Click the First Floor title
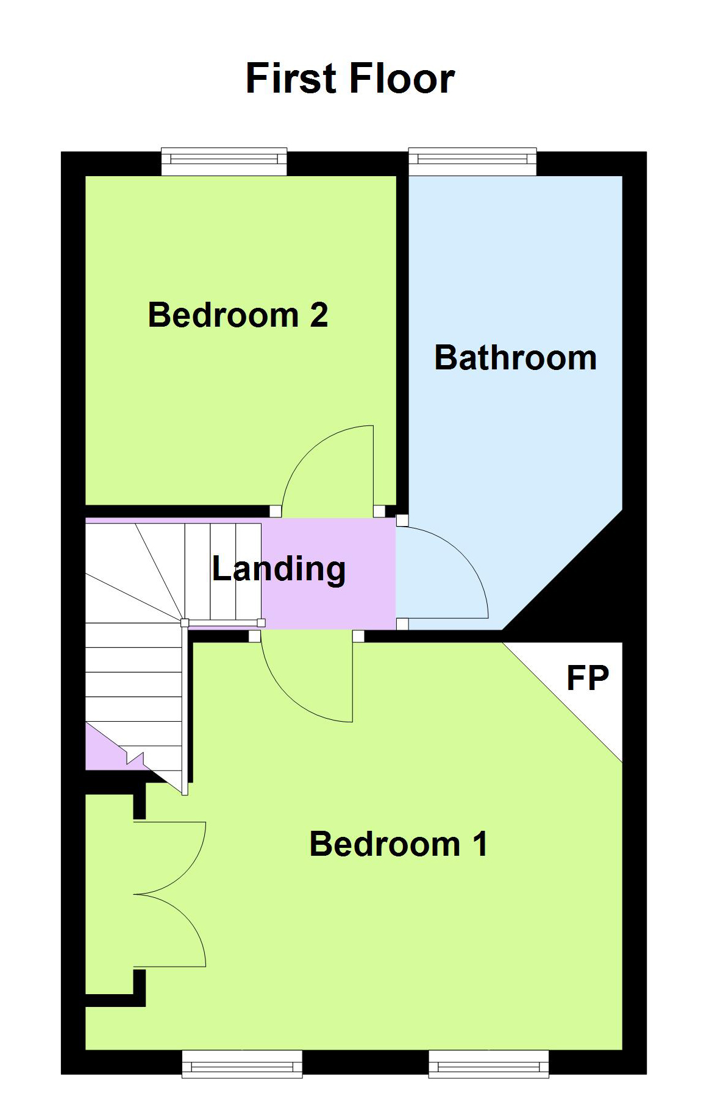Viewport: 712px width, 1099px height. pos(350,79)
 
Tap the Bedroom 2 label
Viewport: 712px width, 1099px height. pos(238,315)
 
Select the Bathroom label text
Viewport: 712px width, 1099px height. pos(515,357)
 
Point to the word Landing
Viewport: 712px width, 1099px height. pos(279,570)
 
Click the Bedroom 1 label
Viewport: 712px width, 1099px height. pos(399,844)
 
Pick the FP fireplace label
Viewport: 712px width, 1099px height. pos(588,678)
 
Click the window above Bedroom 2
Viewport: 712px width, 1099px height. pos(224,161)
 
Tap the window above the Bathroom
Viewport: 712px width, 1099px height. pos(472,161)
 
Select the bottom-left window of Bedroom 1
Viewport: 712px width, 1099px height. pos(242,1064)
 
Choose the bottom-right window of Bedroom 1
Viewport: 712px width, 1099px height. pos(489,1064)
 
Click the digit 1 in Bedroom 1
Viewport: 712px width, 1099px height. pos(480,844)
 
